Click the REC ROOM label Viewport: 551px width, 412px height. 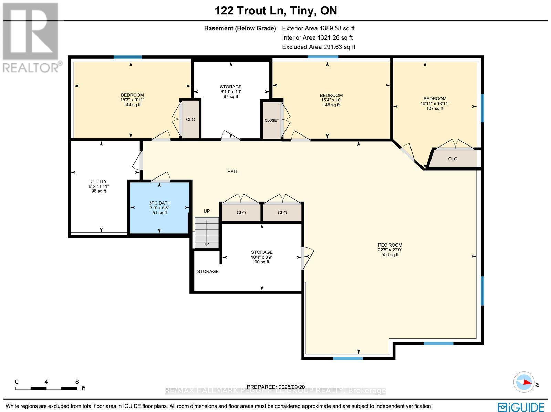(x=390, y=250)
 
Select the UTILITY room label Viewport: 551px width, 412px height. (x=98, y=186)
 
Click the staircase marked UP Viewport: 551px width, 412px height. (x=207, y=232)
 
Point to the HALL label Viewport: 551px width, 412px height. (x=233, y=171)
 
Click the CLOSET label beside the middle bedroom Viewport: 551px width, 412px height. (x=272, y=120)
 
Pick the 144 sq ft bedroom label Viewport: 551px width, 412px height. (x=132, y=100)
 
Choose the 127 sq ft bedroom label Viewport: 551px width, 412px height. (x=435, y=103)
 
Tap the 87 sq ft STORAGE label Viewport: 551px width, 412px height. (x=231, y=91)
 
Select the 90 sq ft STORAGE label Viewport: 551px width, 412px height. (x=262, y=257)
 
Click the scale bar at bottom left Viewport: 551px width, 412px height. (x=46, y=388)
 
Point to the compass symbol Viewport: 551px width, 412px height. (x=524, y=382)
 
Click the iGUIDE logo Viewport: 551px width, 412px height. (x=521, y=407)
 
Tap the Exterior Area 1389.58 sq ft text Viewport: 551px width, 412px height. (x=318, y=28)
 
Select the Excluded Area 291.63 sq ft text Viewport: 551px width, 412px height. (x=319, y=47)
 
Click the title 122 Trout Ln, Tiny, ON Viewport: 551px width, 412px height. (x=276, y=11)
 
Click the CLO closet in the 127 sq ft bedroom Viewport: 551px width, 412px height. (x=453, y=159)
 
